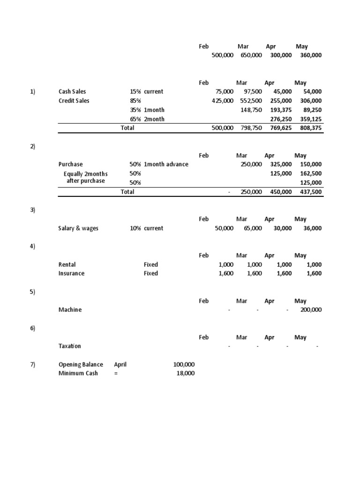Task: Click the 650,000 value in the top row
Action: (x=251, y=55)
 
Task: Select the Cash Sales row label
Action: (x=72, y=92)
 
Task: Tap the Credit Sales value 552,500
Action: (x=251, y=101)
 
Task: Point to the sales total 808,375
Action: (x=309, y=128)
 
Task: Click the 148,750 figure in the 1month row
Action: (x=251, y=110)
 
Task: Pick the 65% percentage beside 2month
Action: (x=135, y=119)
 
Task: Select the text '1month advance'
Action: (x=166, y=165)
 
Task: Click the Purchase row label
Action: (x=70, y=165)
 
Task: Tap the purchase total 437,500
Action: (x=309, y=192)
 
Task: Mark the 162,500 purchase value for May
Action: (x=309, y=173)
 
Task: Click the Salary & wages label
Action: (x=78, y=228)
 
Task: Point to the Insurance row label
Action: (x=71, y=274)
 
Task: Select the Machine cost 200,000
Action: (x=309, y=310)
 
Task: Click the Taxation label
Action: (x=69, y=346)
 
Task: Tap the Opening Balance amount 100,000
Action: (x=184, y=365)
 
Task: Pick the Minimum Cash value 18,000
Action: (x=185, y=374)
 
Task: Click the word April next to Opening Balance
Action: (x=120, y=365)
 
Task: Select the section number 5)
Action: (x=32, y=292)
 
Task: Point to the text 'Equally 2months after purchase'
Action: (x=85, y=178)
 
